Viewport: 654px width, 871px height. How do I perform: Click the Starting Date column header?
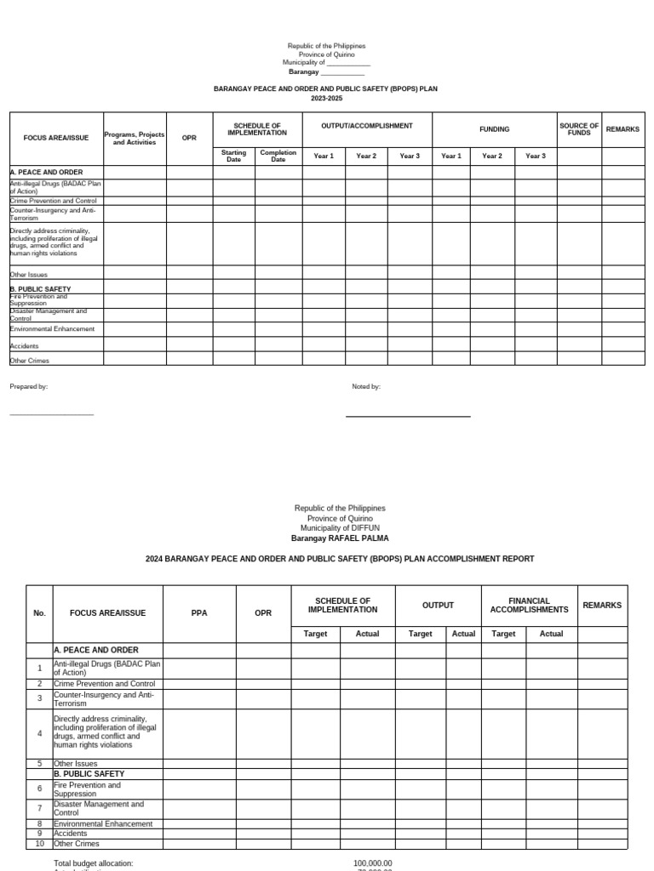[233, 157]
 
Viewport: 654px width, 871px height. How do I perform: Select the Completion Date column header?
[278, 157]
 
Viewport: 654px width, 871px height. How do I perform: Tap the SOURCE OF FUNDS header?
[579, 129]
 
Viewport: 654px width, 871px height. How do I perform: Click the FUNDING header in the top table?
[494, 129]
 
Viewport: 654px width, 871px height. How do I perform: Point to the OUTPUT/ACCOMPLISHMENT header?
[367, 126]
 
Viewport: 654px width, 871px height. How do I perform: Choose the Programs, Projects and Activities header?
[135, 139]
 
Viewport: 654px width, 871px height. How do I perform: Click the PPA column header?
[198, 612]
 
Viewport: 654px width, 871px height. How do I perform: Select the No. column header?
[39, 612]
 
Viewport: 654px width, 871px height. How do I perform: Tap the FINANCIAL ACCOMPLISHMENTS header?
[529, 605]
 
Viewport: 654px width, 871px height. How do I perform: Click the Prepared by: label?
[29, 386]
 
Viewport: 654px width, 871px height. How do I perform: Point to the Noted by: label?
[366, 386]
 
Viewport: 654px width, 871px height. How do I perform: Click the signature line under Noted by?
[407, 416]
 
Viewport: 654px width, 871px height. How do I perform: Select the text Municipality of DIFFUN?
[339, 528]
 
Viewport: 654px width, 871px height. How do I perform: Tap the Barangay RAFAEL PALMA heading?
[339, 538]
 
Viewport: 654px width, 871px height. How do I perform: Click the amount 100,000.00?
[372, 863]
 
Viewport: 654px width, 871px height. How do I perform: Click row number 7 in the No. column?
[39, 807]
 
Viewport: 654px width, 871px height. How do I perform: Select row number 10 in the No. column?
[39, 844]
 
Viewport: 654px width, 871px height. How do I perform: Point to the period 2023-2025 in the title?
[324, 99]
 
